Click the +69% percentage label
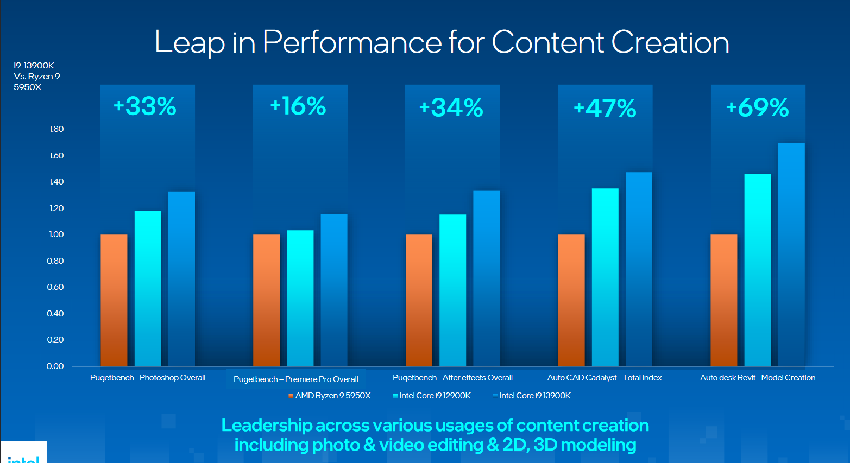[x=758, y=107]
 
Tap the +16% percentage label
[x=298, y=106]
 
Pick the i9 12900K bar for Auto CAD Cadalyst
[x=605, y=277]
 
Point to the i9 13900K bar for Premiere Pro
[x=334, y=290]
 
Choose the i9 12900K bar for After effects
[x=452, y=290]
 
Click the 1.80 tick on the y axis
[x=56, y=129]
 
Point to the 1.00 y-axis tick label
[x=56, y=234]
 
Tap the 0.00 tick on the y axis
[x=55, y=366]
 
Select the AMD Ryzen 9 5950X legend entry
[x=330, y=396]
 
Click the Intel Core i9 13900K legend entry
[x=532, y=396]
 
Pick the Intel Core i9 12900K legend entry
[x=432, y=396]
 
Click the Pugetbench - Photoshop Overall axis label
[x=148, y=378]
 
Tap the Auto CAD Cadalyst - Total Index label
[x=605, y=378]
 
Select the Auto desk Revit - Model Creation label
[x=758, y=378]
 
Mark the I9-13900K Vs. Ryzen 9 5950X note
[x=36, y=77]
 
